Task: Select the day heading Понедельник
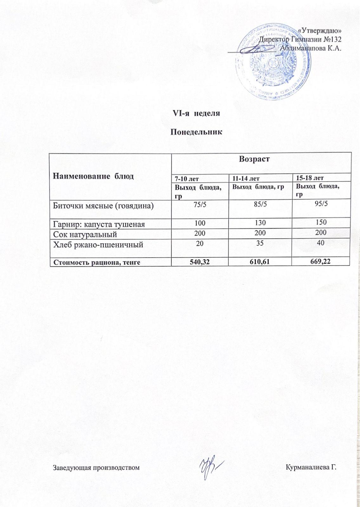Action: (x=196, y=132)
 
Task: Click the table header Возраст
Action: (x=254, y=159)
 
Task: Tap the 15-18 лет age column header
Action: (x=310, y=178)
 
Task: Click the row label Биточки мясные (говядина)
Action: (x=103, y=206)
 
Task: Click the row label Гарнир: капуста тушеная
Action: (x=99, y=224)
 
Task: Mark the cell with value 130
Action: (x=260, y=223)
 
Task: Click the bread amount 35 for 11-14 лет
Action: (x=260, y=244)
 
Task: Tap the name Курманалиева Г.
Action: (x=311, y=467)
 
